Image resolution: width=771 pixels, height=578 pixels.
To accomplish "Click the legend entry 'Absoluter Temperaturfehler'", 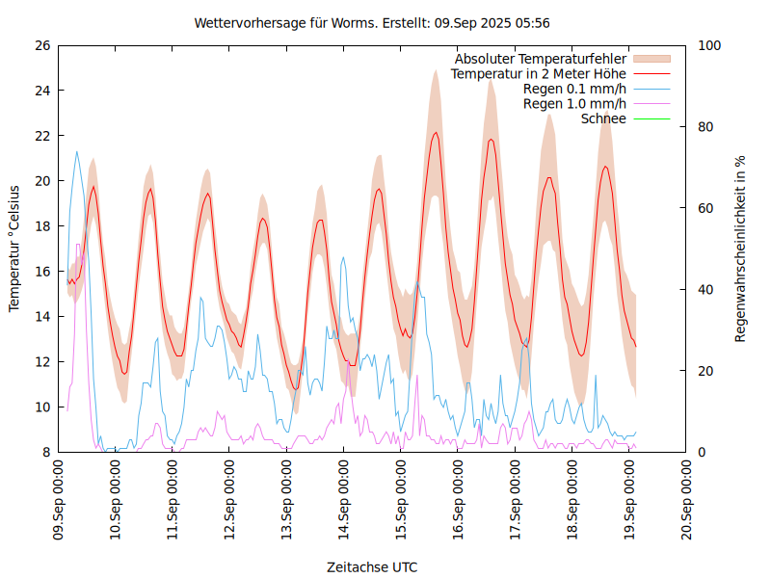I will click(541, 58).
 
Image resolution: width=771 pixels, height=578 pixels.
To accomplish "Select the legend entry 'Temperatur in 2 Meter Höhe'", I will click(539, 73).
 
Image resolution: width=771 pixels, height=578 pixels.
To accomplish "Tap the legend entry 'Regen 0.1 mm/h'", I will click(574, 89).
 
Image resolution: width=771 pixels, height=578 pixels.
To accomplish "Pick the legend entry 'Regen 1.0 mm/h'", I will click(574, 104).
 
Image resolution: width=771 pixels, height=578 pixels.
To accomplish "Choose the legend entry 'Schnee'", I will click(604, 118).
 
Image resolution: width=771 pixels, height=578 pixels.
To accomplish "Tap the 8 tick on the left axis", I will click(45, 453).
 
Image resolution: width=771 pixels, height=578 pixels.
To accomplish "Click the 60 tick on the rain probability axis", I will click(706, 208).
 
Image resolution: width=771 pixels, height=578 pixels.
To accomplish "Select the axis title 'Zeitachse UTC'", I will click(372, 566).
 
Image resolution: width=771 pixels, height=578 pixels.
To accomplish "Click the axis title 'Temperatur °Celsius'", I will click(14, 248).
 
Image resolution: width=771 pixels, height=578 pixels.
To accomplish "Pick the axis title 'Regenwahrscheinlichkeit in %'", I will click(741, 249).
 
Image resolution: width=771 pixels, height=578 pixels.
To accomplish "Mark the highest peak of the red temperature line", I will click(436, 133).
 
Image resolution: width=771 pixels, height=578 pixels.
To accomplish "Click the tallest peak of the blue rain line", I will click(77, 151).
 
